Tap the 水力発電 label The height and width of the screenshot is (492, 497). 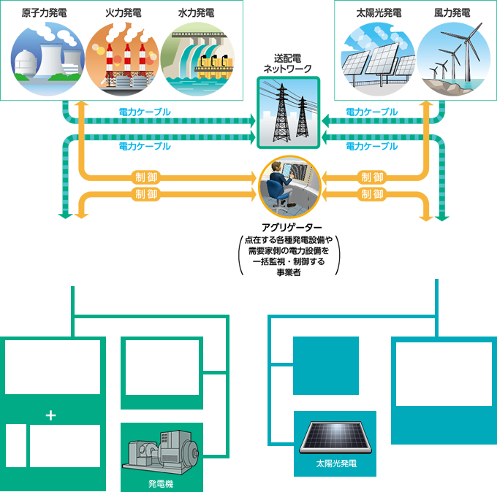tap(196, 13)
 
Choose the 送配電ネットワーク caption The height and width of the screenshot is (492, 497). tap(287, 63)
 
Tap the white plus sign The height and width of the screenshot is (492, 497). tap(50, 415)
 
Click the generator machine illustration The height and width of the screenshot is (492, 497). tap(160, 456)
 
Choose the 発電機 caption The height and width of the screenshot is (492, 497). tap(160, 483)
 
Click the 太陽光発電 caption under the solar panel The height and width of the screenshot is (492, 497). tap(335, 464)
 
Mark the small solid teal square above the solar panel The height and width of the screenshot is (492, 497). tap(325, 365)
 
